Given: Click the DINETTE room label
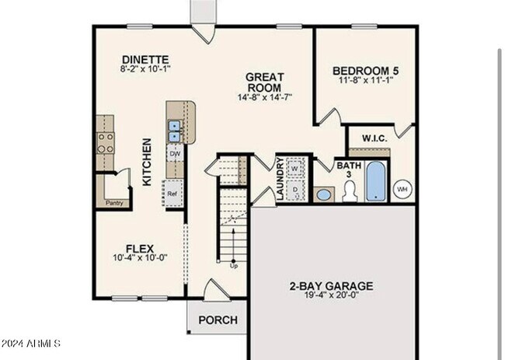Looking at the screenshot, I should point(145,60).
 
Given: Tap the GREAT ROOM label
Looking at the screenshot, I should point(264,82).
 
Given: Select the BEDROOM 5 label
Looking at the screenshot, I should point(364,69).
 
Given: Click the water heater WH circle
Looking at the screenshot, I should point(402,189).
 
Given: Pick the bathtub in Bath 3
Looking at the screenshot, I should point(375,180).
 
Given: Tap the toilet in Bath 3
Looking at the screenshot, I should point(350,194).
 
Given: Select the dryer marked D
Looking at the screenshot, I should point(295,189).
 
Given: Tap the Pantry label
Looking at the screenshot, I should point(113,203).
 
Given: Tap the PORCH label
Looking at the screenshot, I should point(218,320).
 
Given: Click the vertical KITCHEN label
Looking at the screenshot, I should point(147,163).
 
